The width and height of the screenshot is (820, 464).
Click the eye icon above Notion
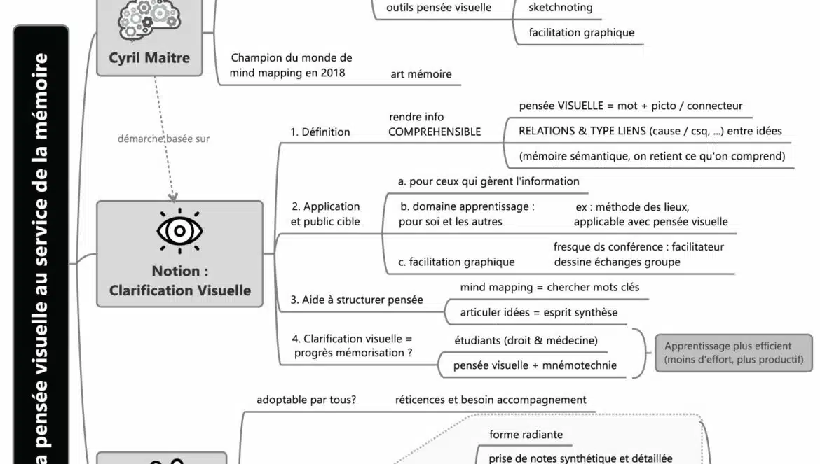(179, 230)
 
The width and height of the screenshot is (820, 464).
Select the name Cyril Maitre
(149, 58)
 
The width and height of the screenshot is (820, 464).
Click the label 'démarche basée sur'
(163, 139)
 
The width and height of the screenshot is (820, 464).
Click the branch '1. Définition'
(320, 132)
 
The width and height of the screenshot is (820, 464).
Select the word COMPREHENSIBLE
(435, 132)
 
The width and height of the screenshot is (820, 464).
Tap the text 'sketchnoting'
(561, 8)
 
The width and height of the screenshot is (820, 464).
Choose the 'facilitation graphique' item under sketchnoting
(582, 32)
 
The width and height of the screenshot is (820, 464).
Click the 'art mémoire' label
(421, 74)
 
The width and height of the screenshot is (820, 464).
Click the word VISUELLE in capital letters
(580, 106)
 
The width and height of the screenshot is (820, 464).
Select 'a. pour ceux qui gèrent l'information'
(488, 181)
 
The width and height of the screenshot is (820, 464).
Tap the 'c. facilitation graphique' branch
(456, 262)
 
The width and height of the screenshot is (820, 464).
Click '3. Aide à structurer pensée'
(357, 300)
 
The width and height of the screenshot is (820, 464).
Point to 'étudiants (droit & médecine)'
(526, 340)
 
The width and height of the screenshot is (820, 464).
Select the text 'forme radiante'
(526, 435)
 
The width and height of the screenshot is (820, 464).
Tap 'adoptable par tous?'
(306, 400)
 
